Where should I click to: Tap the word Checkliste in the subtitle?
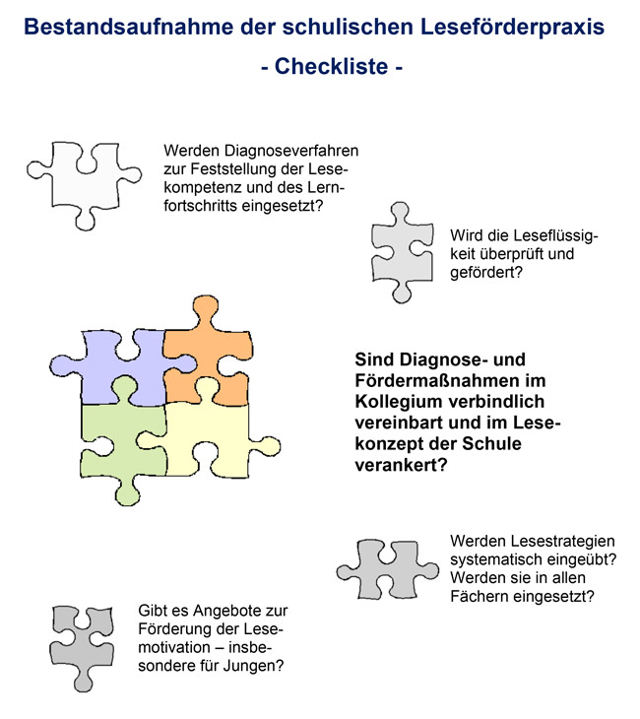pyautogui.click(x=331, y=67)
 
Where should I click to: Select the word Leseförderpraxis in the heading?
pyautogui.click(x=512, y=28)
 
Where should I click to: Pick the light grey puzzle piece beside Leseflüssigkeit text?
pyautogui.click(x=402, y=253)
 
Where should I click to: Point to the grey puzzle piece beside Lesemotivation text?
pyautogui.click(x=82, y=647)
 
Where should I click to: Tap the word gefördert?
pyautogui.click(x=486, y=273)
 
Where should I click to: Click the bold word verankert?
pyautogui.click(x=401, y=466)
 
